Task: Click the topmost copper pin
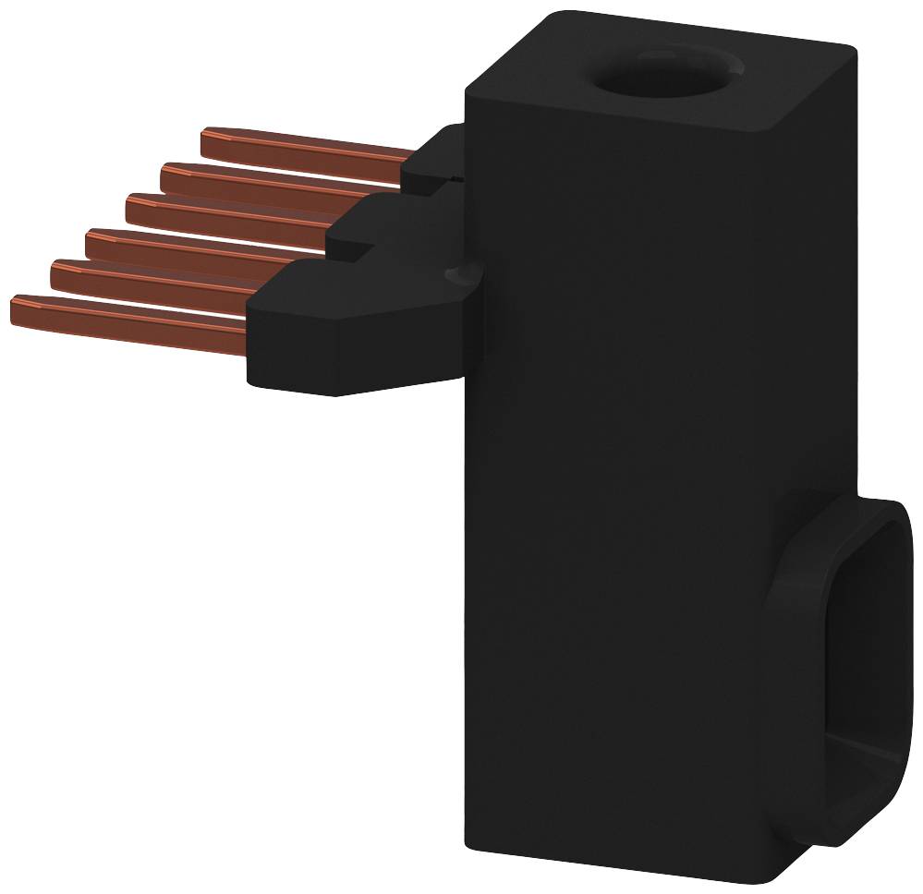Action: tap(305, 148)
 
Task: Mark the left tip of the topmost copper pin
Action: tap(205, 141)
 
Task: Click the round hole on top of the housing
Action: tap(667, 75)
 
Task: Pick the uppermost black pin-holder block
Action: tap(439, 157)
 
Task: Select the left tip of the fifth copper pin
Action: tap(55, 273)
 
